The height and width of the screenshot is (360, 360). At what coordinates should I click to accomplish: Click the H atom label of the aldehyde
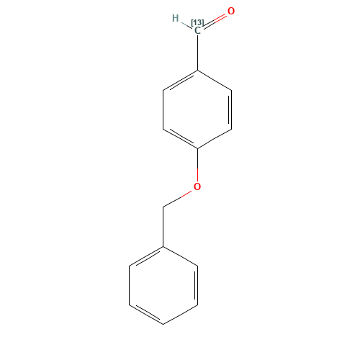pos(175,18)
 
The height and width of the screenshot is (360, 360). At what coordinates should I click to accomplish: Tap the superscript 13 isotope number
pos(197,23)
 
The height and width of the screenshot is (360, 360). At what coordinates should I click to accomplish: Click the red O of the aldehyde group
pos(230,12)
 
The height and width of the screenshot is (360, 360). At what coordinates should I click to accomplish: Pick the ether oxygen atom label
pos(197,187)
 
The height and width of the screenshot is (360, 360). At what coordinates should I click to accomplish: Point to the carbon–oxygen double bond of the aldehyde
pos(215,19)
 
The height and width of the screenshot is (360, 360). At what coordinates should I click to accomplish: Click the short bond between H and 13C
pos(186,24)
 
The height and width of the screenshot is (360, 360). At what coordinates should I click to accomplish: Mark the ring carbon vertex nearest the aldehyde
pos(197,71)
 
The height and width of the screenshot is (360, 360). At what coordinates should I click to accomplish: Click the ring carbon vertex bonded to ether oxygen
pos(197,148)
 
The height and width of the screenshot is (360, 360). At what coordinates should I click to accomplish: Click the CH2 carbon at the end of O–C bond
pos(163,207)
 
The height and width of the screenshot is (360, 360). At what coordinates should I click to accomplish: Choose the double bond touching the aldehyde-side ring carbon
pos(180,81)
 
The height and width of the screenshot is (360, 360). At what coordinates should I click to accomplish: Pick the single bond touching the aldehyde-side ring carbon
pos(215,80)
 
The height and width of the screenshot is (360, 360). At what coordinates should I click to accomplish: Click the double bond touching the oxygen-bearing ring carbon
pos(180,138)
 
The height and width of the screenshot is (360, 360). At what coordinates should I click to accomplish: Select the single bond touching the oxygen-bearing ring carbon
pos(215,139)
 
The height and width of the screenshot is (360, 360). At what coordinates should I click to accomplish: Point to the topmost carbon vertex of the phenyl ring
pos(163,247)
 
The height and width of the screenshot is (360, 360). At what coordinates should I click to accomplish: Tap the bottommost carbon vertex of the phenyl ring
pos(163,325)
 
